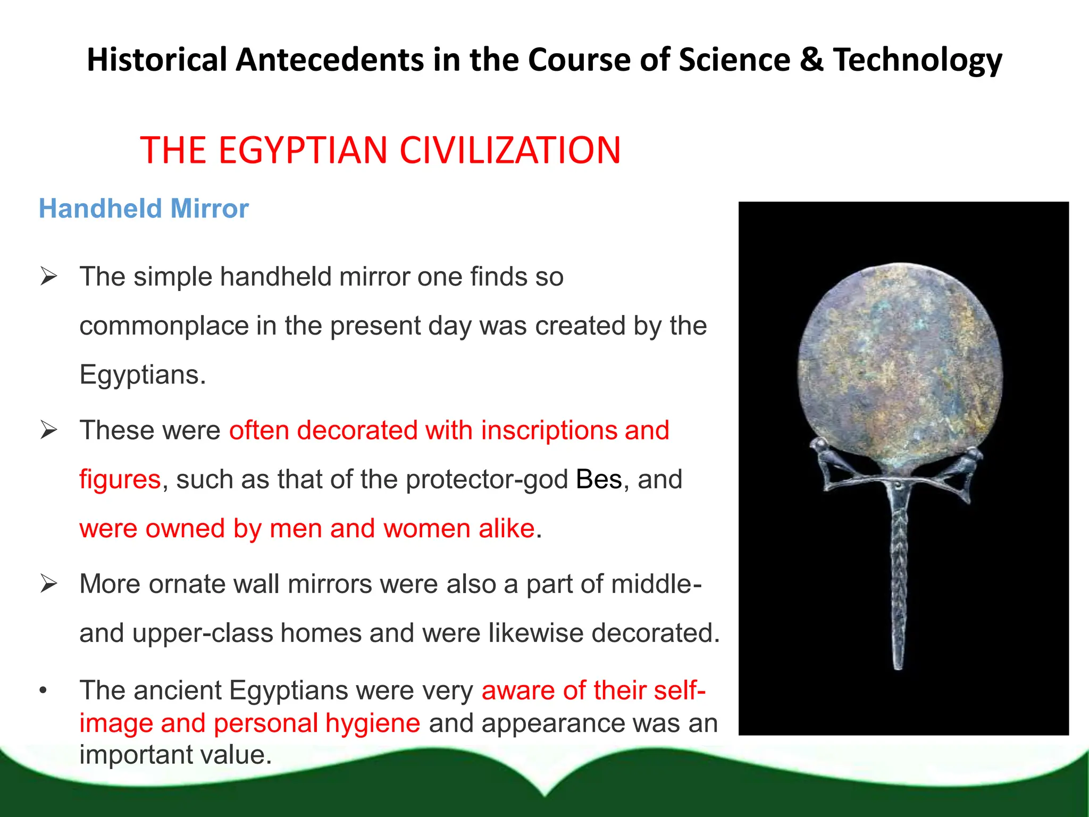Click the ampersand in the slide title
tap(811, 60)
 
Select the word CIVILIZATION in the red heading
tap(510, 151)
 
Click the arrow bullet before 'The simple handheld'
tap(48, 277)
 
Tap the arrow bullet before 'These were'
tap(48, 430)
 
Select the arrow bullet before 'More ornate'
tap(48, 584)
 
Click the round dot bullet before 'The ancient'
tap(44, 691)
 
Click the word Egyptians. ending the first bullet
tap(143, 375)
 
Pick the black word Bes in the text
tap(599, 479)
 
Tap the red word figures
tap(120, 479)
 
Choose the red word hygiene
tap(373, 723)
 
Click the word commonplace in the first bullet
tap(164, 326)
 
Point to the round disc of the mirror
tap(900, 367)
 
